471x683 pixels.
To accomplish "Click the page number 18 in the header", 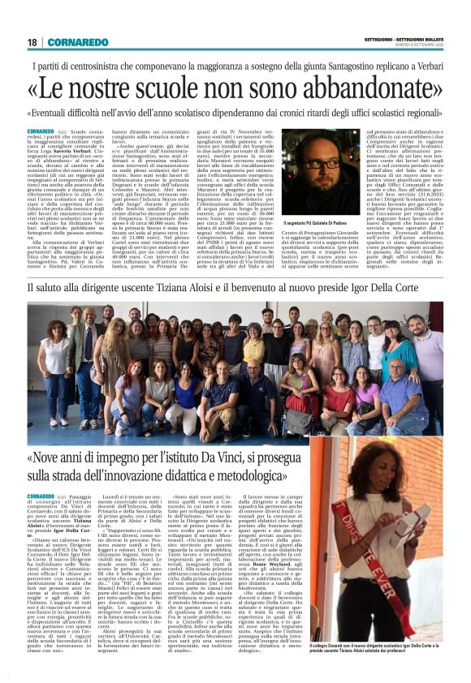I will point(32,42).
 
